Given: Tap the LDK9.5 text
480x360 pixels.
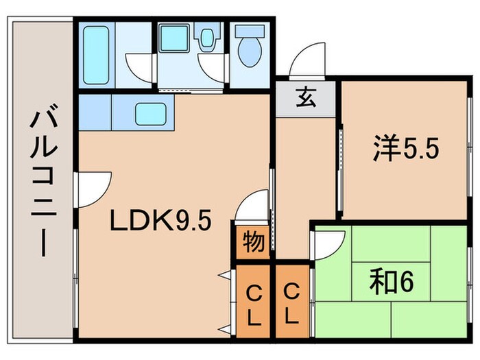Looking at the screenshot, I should point(161,221).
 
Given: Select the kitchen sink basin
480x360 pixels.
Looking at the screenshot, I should point(152,112).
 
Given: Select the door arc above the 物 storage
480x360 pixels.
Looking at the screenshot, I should point(253,206).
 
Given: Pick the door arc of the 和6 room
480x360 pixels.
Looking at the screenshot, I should point(328,243).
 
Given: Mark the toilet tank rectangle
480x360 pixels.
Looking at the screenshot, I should point(249,32).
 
